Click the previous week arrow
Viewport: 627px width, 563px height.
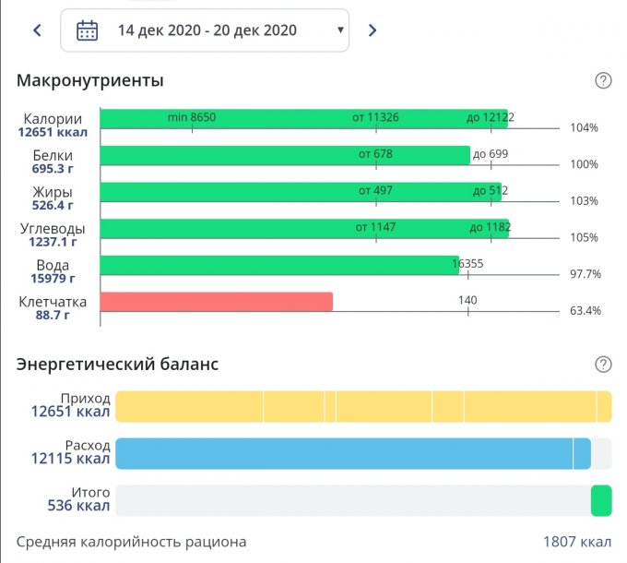[x=37, y=30]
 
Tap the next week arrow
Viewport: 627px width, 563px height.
[x=373, y=30]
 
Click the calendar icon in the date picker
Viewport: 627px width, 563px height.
[x=88, y=30]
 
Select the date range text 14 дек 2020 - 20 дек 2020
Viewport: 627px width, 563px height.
[x=207, y=30]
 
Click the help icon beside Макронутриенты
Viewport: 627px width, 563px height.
[x=603, y=81]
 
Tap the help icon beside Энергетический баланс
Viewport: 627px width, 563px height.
[x=603, y=365]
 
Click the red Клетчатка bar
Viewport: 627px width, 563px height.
[x=216, y=302]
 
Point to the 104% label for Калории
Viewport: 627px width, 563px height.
[x=584, y=128]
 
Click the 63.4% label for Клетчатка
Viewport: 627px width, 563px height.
[x=585, y=310]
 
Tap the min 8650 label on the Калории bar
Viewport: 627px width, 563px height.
[x=192, y=117]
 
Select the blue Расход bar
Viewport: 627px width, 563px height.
[x=345, y=454]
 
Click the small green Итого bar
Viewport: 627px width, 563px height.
[x=601, y=501]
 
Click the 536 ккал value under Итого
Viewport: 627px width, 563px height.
[x=78, y=506]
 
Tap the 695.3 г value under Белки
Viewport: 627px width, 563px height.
[x=52, y=169]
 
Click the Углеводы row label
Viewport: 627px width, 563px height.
[x=53, y=229]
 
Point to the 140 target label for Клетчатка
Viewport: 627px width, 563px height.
[x=467, y=300]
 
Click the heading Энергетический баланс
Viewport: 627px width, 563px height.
[x=117, y=364]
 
